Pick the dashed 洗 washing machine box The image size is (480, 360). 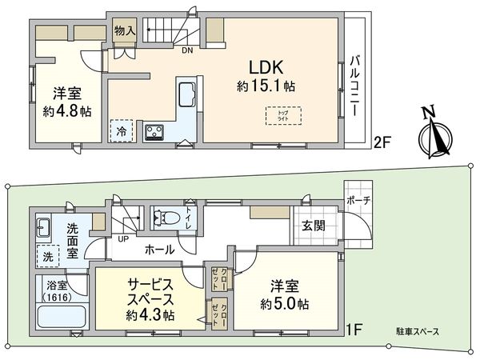(48, 258)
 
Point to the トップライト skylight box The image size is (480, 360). (274, 115)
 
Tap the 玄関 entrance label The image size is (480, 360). (313, 226)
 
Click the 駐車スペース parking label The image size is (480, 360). (413, 331)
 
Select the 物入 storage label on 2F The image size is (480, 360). (124, 30)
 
